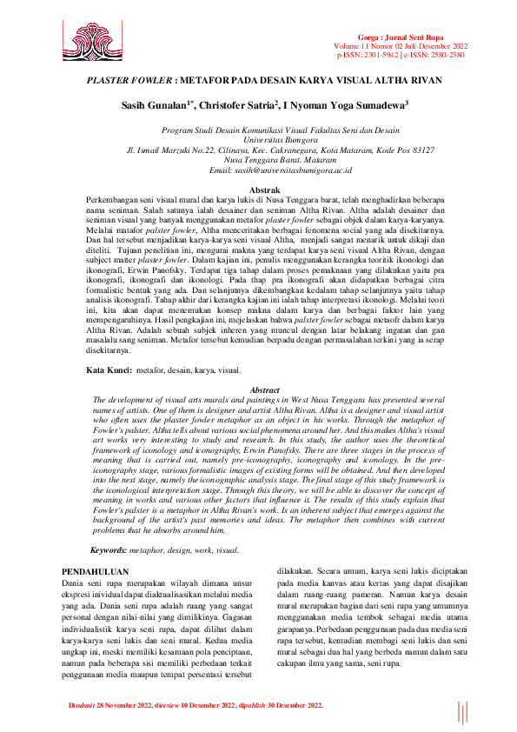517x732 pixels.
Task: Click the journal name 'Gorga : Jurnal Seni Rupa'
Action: [x=418, y=38]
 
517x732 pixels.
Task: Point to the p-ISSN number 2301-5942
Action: [x=382, y=55]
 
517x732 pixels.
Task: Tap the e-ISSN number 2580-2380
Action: [x=446, y=55]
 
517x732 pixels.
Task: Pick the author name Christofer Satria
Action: [x=237, y=106]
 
